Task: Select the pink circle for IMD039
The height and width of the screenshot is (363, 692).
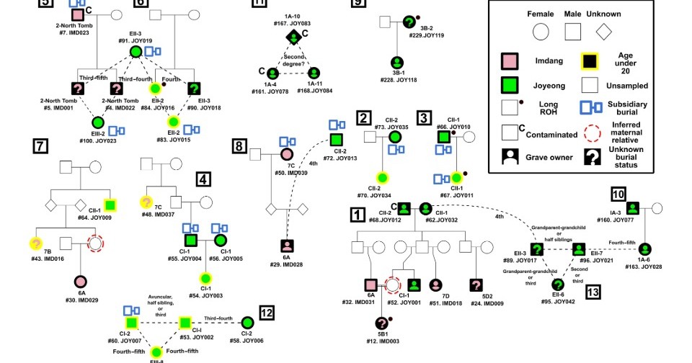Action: pos(286,153)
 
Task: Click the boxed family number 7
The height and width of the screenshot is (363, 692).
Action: pos(40,147)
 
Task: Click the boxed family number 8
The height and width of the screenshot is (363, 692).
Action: pos(239,147)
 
